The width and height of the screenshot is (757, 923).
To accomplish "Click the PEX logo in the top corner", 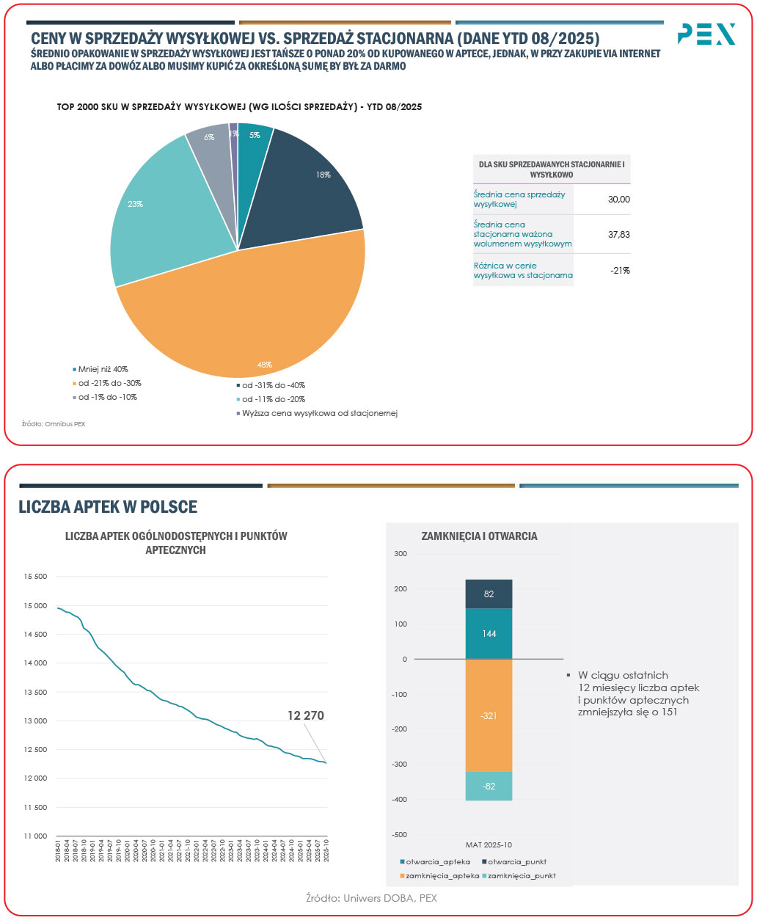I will click(x=706, y=34).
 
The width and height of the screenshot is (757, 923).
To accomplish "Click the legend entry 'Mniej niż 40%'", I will click(x=103, y=369).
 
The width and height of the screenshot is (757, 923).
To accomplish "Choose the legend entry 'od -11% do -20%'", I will click(x=274, y=399).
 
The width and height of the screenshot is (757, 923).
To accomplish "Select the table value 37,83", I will click(x=619, y=235).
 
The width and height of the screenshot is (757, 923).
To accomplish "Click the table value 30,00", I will click(x=619, y=200).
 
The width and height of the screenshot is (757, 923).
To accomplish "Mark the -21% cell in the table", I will click(x=621, y=271).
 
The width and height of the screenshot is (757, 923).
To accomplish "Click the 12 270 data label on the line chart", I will click(x=305, y=715).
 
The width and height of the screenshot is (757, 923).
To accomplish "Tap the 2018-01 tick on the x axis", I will click(x=57, y=850).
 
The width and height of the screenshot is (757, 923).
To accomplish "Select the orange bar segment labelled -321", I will click(x=489, y=715).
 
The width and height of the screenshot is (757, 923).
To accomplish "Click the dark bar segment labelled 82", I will click(x=489, y=594).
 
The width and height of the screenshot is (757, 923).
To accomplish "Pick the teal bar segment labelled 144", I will click(x=489, y=633).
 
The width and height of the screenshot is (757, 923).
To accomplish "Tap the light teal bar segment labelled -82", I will click(x=489, y=786).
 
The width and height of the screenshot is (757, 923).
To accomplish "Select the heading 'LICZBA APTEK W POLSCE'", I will click(x=108, y=507).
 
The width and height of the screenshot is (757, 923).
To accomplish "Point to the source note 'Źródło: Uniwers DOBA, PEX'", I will click(x=371, y=898).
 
